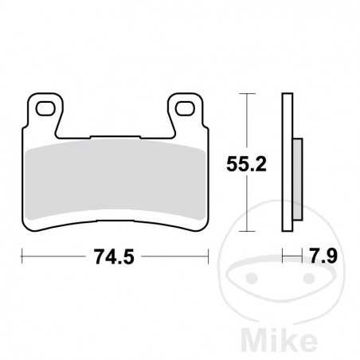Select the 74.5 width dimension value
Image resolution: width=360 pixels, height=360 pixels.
point(112,256)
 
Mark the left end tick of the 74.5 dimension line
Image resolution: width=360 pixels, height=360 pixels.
point(22,256)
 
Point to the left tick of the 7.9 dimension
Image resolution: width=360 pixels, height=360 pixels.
point(284,256)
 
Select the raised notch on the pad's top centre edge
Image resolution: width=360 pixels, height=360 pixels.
point(115,135)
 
